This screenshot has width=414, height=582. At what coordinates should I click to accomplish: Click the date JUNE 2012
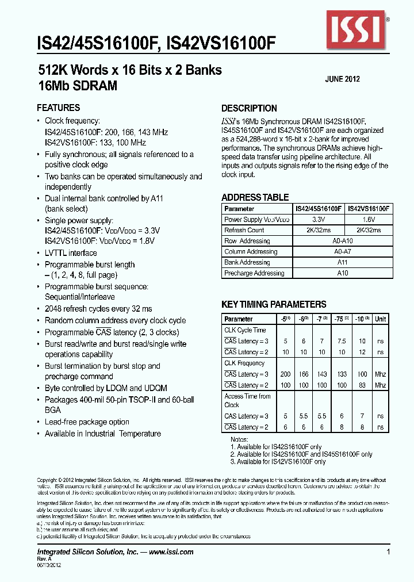click(343, 79)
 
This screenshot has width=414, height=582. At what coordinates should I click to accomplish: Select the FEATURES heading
click(58, 108)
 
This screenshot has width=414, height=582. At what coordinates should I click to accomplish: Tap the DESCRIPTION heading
click(249, 108)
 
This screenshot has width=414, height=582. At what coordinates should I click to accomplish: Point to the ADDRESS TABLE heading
click(255, 197)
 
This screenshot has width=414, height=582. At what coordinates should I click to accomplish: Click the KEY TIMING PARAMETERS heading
click(274, 305)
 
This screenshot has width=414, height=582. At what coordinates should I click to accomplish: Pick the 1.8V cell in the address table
click(369, 220)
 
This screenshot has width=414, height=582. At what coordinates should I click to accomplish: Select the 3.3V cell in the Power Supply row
click(319, 220)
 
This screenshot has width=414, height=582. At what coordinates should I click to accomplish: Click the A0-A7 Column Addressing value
click(343, 251)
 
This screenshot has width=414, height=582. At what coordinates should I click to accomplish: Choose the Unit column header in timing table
click(380, 319)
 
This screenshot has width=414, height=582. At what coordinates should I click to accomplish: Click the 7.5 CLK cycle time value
click(342, 341)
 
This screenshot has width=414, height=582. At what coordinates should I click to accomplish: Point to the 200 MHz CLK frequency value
click(286, 374)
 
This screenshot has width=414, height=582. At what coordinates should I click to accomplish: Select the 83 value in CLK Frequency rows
click(362, 385)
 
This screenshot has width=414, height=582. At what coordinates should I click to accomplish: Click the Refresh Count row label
click(244, 230)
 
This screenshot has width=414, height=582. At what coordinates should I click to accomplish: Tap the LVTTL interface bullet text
click(71, 253)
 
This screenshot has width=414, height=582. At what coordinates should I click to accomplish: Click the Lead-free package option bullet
click(87, 422)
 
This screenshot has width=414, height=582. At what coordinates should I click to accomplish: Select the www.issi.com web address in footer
click(171, 552)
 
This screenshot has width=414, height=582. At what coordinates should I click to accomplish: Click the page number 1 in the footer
click(389, 552)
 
